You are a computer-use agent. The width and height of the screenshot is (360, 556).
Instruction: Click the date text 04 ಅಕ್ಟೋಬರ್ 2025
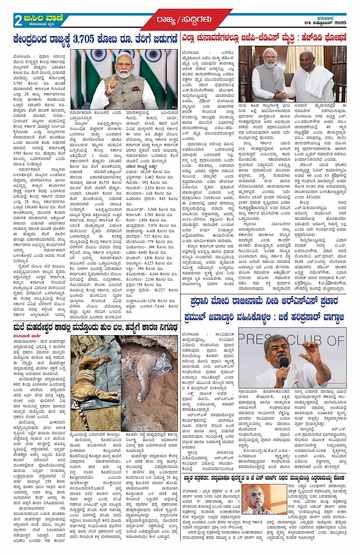[325, 23]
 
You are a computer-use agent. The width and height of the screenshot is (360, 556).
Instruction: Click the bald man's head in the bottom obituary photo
[255, 492]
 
